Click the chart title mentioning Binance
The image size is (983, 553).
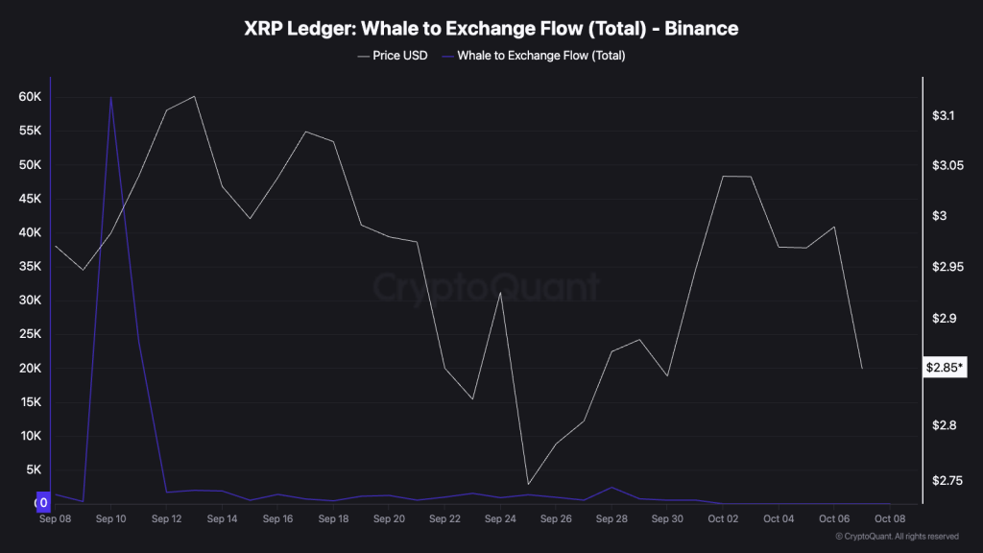coord(491,29)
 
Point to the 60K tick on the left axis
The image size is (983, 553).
coord(29,97)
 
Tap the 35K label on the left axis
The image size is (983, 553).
coord(29,267)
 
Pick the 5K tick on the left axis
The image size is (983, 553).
coord(32,469)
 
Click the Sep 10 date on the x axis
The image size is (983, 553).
coord(111,519)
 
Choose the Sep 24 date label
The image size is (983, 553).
coord(500,519)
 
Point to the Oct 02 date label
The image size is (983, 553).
coord(723,519)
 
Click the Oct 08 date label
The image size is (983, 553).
coord(889,519)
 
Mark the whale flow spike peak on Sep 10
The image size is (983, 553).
coord(111,97)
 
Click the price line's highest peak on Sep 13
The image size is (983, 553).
coord(195,96)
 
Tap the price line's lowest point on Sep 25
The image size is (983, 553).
coord(528,485)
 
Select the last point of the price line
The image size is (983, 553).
coord(862,368)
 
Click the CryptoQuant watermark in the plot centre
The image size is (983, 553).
coord(486,287)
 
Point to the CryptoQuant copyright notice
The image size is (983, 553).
coord(897,536)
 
